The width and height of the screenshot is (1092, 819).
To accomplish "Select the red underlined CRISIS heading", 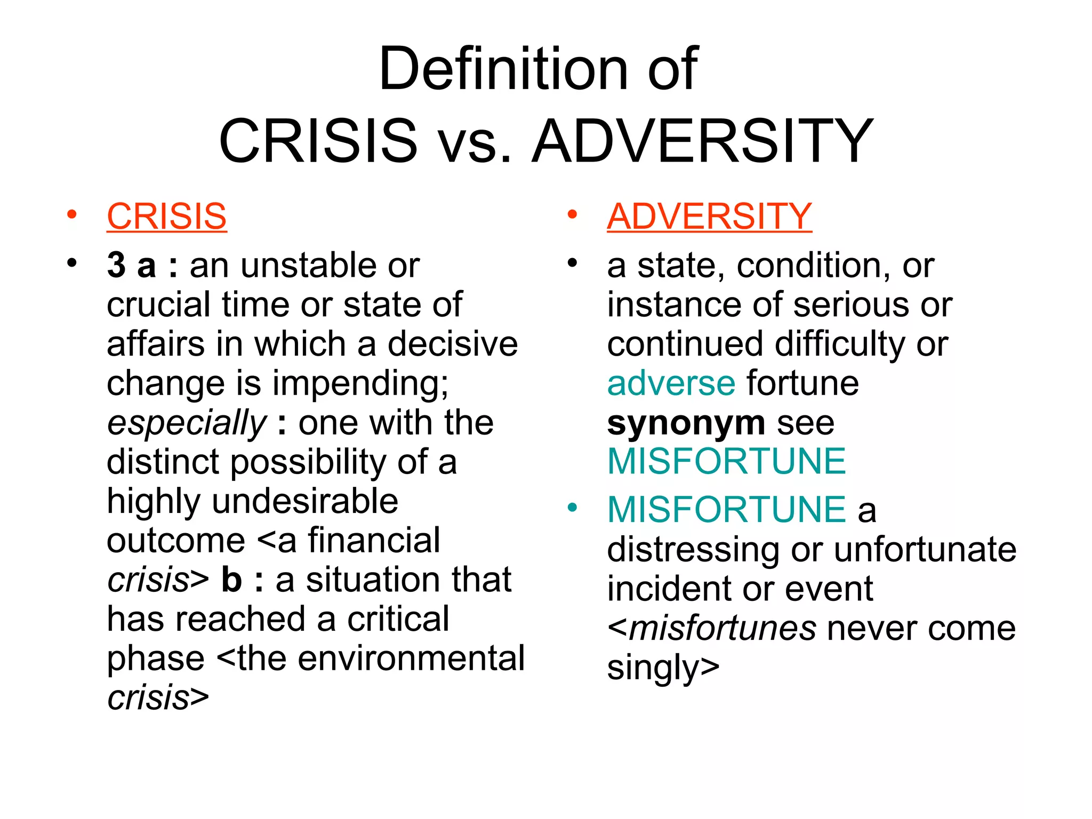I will pyautogui.click(x=167, y=216).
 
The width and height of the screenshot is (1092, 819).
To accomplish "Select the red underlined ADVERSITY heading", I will pyautogui.click(x=709, y=216).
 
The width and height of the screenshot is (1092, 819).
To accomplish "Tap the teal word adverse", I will pyautogui.click(x=671, y=383).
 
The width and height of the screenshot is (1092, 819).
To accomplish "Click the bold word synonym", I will pyautogui.click(x=686, y=423).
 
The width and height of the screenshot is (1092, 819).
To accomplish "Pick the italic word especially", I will pyautogui.click(x=187, y=424).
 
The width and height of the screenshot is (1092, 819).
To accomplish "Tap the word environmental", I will pyautogui.click(x=411, y=659).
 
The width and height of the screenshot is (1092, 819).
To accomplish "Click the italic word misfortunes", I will pyautogui.click(x=722, y=629).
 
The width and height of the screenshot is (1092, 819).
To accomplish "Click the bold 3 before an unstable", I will pyautogui.click(x=116, y=266).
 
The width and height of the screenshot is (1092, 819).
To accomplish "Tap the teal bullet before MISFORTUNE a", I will pyautogui.click(x=573, y=508).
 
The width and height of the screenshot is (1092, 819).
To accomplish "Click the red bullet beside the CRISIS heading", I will pyautogui.click(x=72, y=215).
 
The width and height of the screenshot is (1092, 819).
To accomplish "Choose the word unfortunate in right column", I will pyautogui.click(x=925, y=550).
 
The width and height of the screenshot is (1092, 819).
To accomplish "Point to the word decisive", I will pyautogui.click(x=452, y=344).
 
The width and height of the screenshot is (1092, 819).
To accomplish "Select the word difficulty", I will pyautogui.click(x=840, y=344).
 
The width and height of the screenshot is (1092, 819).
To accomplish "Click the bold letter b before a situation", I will pyautogui.click(x=231, y=580).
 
